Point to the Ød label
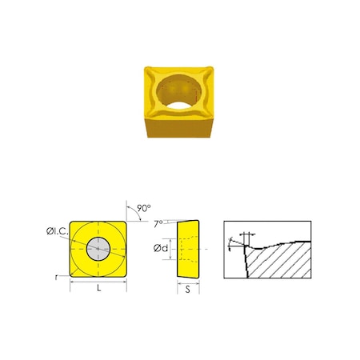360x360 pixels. (x=161, y=249)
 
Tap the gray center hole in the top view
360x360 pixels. (x=99, y=248)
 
